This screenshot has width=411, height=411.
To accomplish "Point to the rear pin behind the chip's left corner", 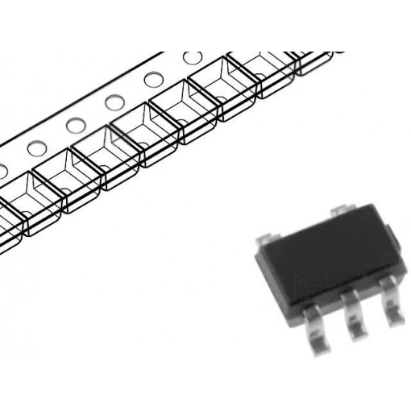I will click(x=265, y=241).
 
